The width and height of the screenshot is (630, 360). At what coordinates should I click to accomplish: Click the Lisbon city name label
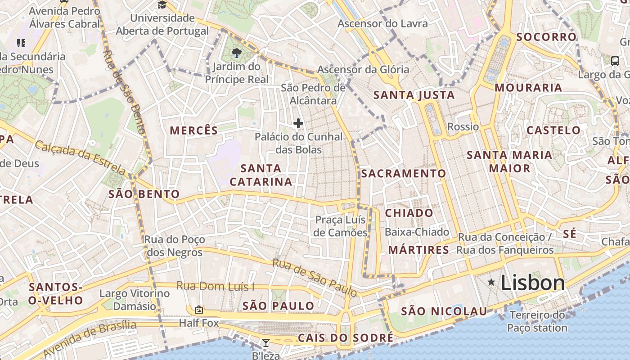click(532, 283)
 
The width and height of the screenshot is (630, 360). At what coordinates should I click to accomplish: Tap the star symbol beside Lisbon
click(491, 282)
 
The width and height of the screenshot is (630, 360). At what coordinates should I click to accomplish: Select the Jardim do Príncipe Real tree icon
click(236, 53)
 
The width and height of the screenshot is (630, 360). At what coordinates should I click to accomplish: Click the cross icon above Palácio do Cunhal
click(298, 123)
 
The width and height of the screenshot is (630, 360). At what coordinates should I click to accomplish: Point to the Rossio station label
click(463, 126)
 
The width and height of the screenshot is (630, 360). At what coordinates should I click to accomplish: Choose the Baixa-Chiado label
click(417, 232)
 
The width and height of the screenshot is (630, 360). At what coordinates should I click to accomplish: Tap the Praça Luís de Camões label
click(341, 226)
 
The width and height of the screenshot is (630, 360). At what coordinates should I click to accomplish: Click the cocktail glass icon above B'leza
click(266, 343)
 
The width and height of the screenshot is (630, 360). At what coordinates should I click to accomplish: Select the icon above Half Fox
click(198, 310)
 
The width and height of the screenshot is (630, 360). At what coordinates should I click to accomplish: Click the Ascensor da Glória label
click(363, 69)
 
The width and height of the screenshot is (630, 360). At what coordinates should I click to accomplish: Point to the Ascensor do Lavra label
click(382, 23)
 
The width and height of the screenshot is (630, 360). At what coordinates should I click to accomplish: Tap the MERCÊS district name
click(193, 130)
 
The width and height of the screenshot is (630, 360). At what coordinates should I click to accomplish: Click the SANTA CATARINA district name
click(261, 175)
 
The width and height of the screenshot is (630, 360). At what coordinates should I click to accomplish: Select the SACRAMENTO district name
click(403, 173)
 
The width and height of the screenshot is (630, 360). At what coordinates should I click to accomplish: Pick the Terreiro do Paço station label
click(537, 321)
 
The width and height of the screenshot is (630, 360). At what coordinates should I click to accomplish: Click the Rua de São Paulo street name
click(315, 278)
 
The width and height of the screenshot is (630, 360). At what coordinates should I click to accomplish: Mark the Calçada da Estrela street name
click(81, 158)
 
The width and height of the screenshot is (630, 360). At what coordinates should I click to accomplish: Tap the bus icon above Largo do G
click(615, 61)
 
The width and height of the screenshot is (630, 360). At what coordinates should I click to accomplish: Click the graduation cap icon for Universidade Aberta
click(162, 5)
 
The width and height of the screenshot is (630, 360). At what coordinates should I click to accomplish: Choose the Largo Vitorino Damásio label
click(135, 300)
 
